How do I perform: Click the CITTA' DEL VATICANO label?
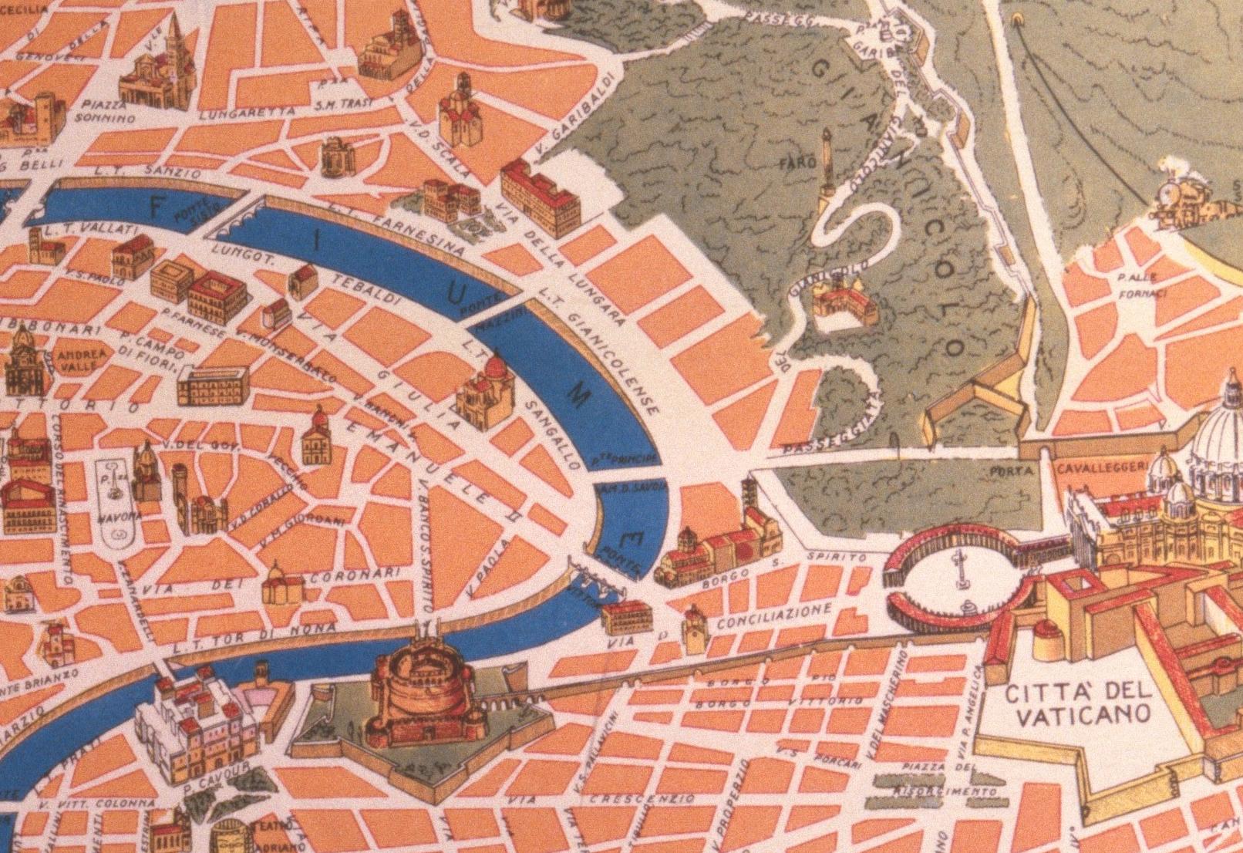pos(1077,703)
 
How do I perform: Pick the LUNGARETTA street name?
pos(247,112)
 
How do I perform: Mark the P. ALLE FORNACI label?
pos(1140,285)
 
